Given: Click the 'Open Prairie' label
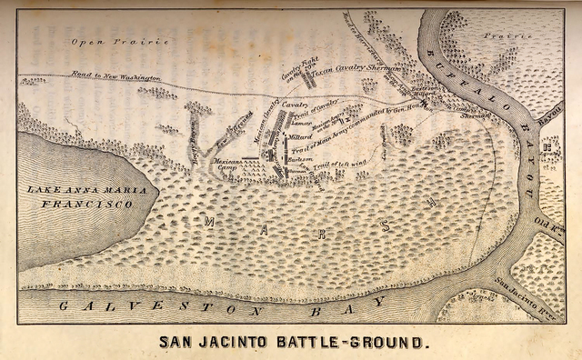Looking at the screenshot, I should tap(109, 42).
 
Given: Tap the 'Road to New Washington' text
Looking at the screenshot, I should tap(126, 77).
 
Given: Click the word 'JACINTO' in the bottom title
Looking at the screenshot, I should tap(237, 344).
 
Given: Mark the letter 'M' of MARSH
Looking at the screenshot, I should tap(210, 221).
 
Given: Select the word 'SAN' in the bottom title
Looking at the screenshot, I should tap(177, 344).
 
